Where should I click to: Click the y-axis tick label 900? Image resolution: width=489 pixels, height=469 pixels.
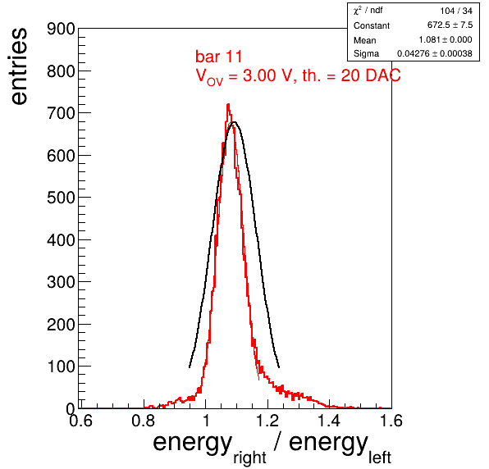coord(61,30)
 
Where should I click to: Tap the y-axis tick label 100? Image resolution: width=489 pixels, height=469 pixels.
coord(61,367)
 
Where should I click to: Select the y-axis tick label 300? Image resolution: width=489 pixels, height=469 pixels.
coord(61,282)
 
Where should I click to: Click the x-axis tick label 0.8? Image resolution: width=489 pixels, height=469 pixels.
coord(143,421)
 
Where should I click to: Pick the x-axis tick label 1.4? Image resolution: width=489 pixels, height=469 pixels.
coord(329,421)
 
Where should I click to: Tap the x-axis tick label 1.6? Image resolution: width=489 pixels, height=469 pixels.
coord(391,421)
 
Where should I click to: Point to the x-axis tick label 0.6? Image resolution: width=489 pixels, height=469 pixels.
coord(80,421)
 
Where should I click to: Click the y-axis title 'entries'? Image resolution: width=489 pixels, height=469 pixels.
coord(20,66)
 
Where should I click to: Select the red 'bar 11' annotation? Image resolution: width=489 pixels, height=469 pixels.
coord(218,57)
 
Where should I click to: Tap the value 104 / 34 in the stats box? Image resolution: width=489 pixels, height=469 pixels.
coord(456,11)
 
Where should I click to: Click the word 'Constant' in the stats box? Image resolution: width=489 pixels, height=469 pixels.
coord(372,25)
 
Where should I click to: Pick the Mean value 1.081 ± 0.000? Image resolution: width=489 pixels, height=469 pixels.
coord(446,40)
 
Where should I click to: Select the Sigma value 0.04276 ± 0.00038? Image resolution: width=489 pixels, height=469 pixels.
coord(434,53)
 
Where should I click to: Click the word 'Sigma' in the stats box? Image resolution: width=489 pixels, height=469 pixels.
coord(366,54)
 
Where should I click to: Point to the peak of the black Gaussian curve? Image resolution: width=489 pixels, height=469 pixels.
coord(234,122)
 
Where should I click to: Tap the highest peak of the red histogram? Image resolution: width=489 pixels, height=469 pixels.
coord(228,104)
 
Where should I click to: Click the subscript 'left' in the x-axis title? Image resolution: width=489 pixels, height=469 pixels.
coord(380,458)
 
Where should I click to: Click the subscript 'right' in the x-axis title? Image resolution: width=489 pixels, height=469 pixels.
coord(249,458)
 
